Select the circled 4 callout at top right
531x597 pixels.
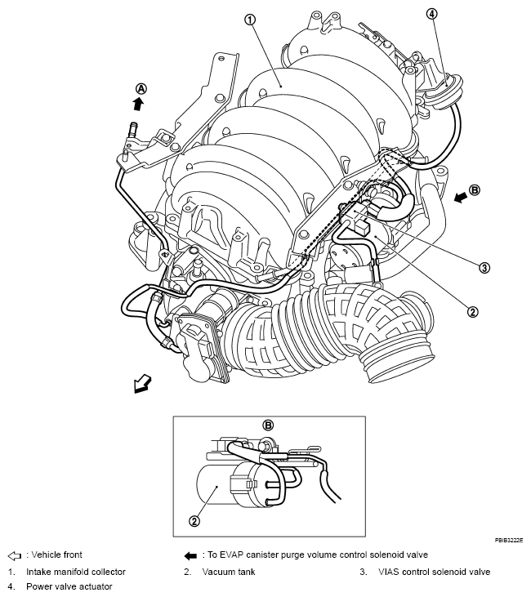click(x=431, y=13)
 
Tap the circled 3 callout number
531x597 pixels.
click(x=484, y=267)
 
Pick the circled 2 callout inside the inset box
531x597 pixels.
click(x=194, y=520)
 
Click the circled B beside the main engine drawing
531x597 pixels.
click(x=475, y=189)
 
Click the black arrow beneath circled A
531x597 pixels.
click(x=139, y=105)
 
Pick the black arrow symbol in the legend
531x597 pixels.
click(x=190, y=555)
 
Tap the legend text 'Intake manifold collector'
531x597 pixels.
click(x=76, y=572)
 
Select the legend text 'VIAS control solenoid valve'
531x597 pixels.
click(x=435, y=572)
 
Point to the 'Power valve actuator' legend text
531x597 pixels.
click(x=69, y=586)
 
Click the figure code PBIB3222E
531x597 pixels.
click(x=508, y=541)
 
